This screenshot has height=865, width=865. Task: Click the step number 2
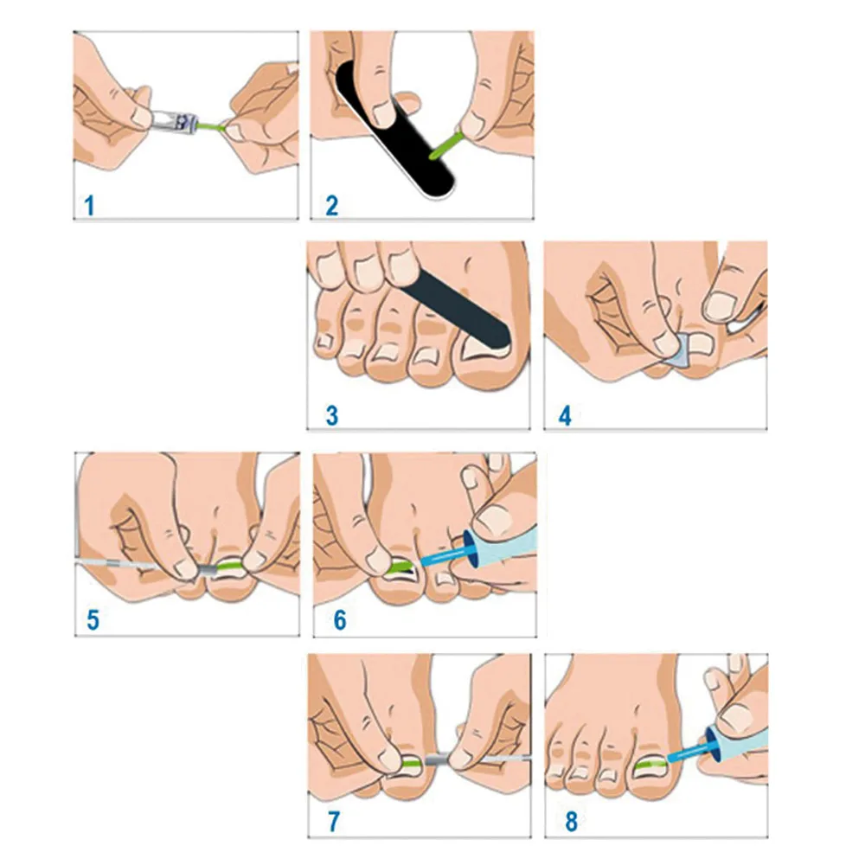pos(332,206)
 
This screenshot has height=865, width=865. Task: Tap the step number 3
pos(331,415)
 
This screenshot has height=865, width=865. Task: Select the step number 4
pos(566,415)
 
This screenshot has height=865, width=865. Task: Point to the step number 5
pos(93,619)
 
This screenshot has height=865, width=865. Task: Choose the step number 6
pos(338,619)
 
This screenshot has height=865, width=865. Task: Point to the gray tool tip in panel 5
pos(208,571)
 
